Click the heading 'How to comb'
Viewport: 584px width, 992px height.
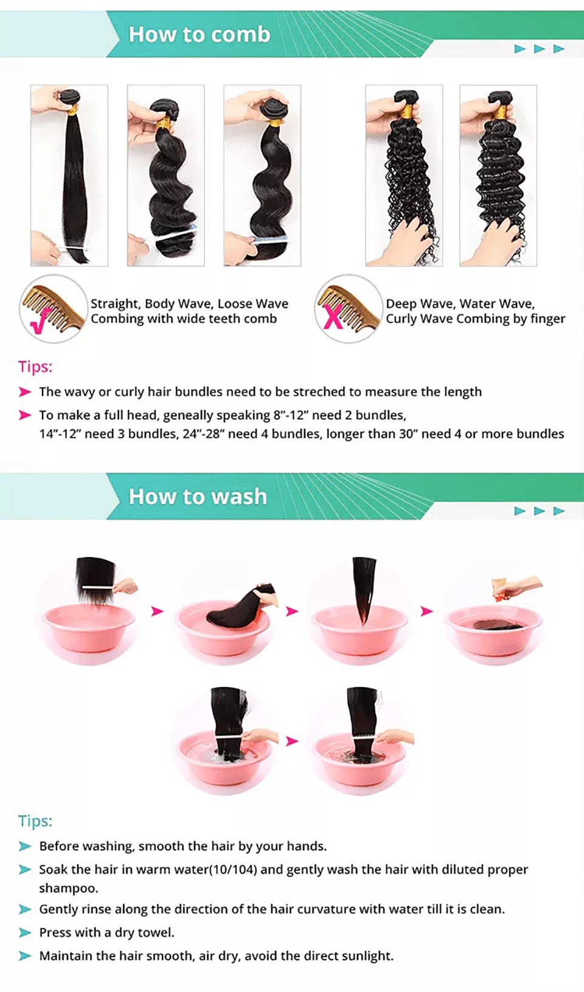[x=200, y=35]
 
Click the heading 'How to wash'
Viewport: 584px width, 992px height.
[x=198, y=497]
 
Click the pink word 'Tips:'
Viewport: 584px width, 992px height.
[x=35, y=367]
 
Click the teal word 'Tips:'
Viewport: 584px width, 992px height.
[x=35, y=821]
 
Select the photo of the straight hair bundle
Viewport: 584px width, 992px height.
[x=69, y=176]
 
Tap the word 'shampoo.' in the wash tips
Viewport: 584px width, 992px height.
[x=68, y=889]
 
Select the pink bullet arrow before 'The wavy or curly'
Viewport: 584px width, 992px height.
[x=25, y=392]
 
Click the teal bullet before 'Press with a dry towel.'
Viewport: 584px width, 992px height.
[x=25, y=932]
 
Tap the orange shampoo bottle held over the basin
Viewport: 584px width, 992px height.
[x=500, y=589]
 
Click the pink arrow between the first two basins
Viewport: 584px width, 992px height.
[x=158, y=611]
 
